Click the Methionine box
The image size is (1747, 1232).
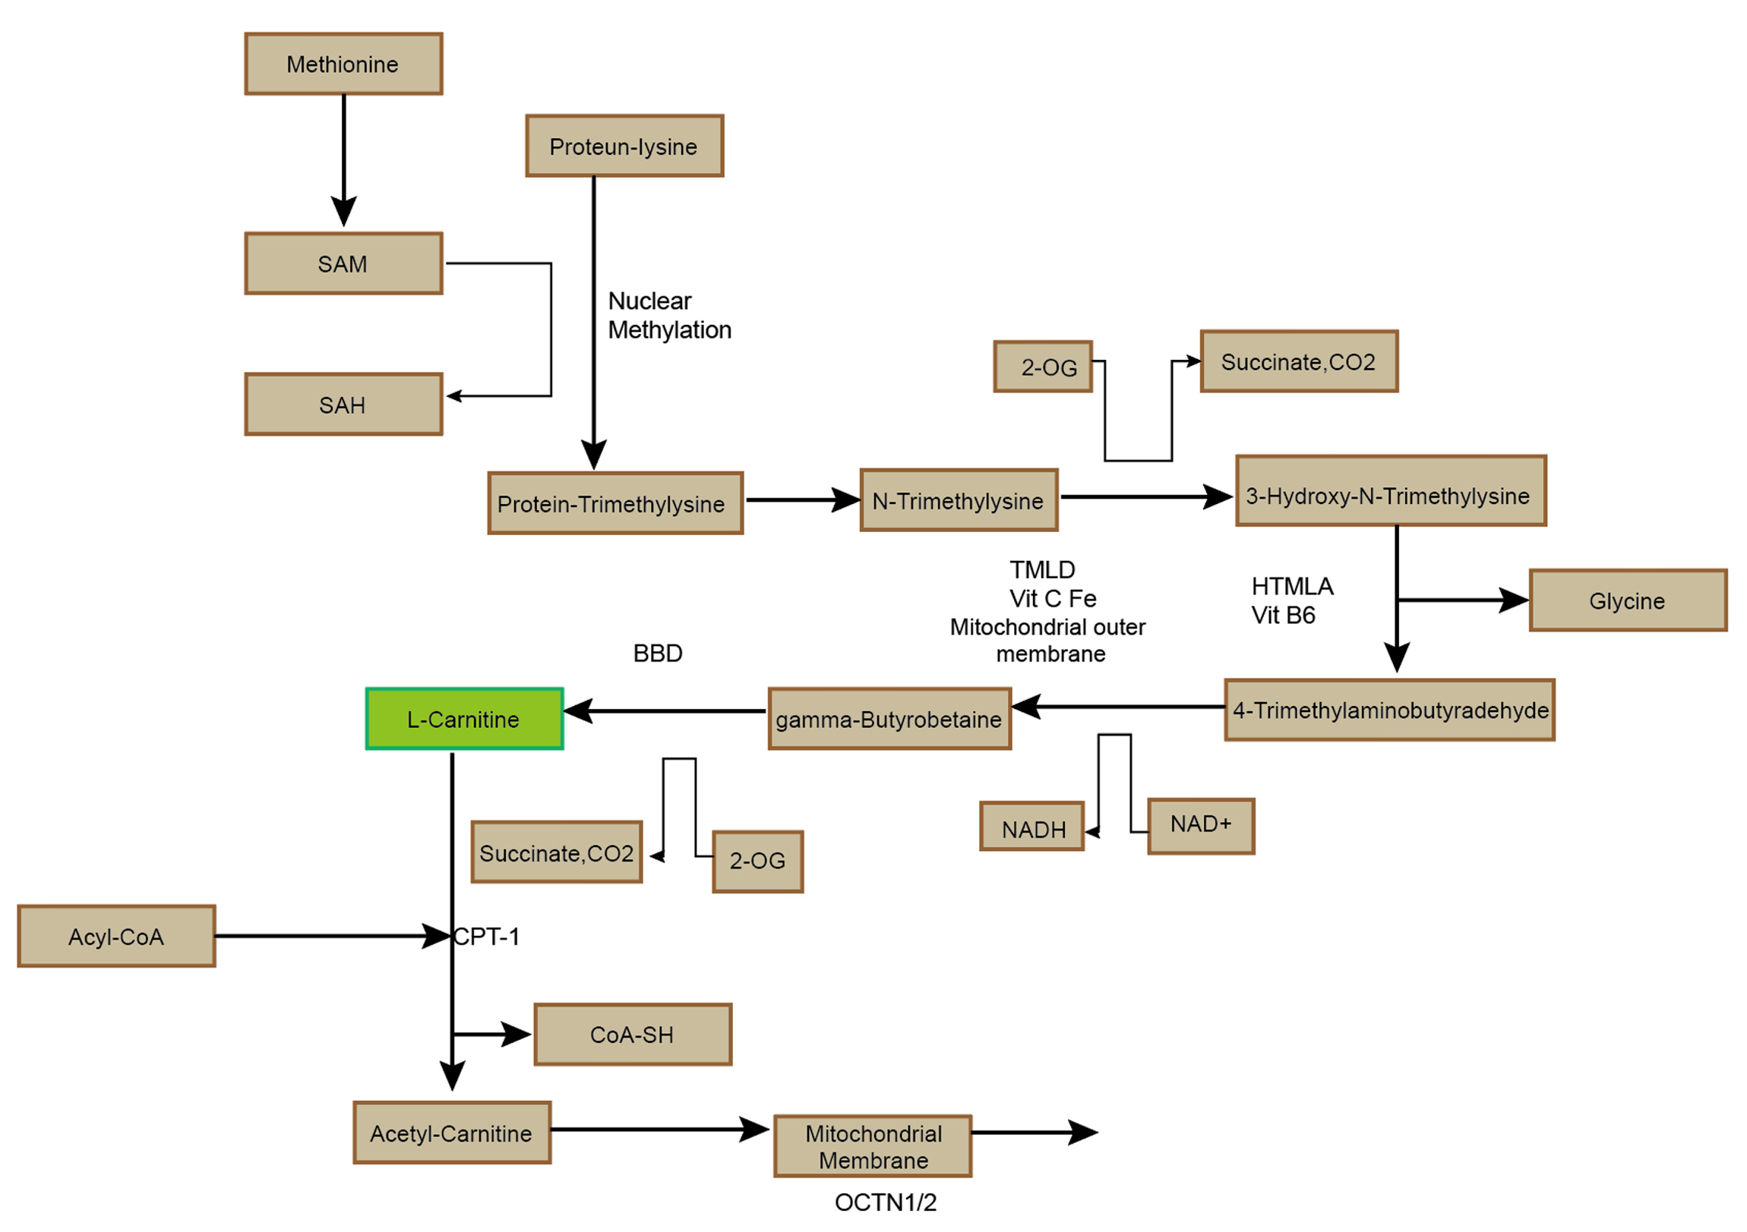pyautogui.click(x=343, y=64)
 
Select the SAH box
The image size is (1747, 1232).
pyautogui.click(x=343, y=405)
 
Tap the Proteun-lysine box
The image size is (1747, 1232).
pyautogui.click(x=624, y=146)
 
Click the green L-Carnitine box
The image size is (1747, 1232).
pyautogui.click(x=464, y=720)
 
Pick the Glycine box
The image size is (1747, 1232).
pyautogui.click(x=1629, y=600)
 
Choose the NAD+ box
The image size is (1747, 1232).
pyautogui.click(x=1201, y=827)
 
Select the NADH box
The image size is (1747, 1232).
pyautogui.click(x=1031, y=827)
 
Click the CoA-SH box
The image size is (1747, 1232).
pyautogui.click(x=633, y=1035)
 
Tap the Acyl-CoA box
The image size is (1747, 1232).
pyautogui.click(x=116, y=937)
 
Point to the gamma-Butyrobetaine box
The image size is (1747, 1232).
pyautogui.click(x=889, y=720)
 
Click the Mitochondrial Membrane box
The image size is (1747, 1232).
pyautogui.click(x=873, y=1147)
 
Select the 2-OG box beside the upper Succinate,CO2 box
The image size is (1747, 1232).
pyautogui.click(x=1043, y=367)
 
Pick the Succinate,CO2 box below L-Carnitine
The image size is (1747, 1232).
pyautogui.click(x=556, y=852)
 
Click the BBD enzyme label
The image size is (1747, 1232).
pyautogui.click(x=659, y=654)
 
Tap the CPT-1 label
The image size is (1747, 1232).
pyautogui.click(x=487, y=937)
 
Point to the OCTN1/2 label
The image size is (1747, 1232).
pyautogui.click(x=886, y=1202)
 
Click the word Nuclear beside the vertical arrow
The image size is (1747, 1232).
pyautogui.click(x=649, y=301)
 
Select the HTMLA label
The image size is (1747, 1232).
pyautogui.click(x=1293, y=586)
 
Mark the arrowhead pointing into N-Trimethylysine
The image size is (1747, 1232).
pyautogui.click(x=846, y=500)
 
